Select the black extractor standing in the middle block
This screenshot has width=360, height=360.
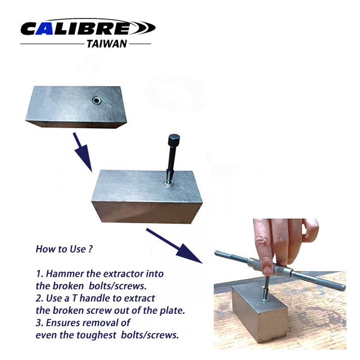[172, 160]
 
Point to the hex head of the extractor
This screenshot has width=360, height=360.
[174, 139]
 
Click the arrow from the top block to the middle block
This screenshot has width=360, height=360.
[82, 151]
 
